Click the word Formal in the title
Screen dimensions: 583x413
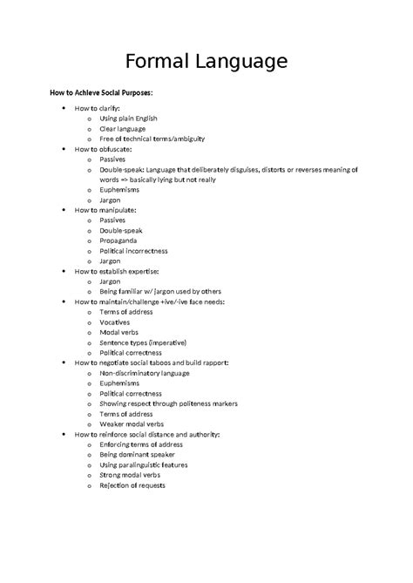pyautogui.click(x=159, y=62)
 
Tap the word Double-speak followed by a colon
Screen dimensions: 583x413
pyautogui.click(x=122, y=169)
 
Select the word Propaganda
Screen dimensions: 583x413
pyautogui.click(x=122, y=241)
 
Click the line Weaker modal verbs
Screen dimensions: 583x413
pyautogui.click(x=132, y=424)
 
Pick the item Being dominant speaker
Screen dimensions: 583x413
pyautogui.click(x=137, y=454)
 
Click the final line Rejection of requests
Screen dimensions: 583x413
pyautogui.click(x=132, y=485)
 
